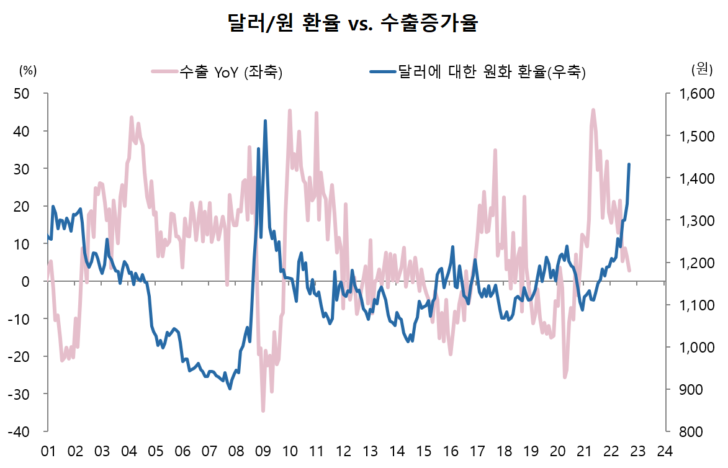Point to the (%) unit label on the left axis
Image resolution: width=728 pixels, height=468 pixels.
(x=29, y=70)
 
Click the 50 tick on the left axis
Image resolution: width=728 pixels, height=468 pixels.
(x=23, y=94)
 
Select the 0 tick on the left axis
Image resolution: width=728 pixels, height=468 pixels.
(x=27, y=281)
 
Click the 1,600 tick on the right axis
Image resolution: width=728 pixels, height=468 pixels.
(x=691, y=94)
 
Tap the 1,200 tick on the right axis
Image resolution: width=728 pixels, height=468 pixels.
(x=691, y=263)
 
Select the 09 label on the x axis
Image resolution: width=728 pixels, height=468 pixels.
(x=262, y=451)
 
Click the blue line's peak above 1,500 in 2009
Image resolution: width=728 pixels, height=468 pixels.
(x=265, y=121)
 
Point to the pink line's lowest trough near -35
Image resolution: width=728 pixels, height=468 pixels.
(x=263, y=411)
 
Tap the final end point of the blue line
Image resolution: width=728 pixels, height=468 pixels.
(x=629, y=164)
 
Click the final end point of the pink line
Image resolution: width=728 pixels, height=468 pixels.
(x=629, y=271)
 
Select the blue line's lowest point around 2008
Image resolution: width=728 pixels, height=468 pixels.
(x=230, y=389)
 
